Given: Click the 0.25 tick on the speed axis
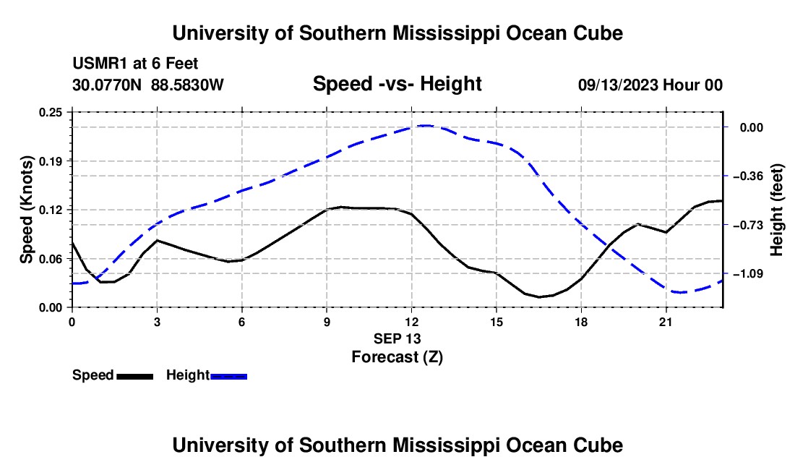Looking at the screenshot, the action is [50, 112].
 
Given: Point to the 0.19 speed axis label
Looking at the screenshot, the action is [50, 161].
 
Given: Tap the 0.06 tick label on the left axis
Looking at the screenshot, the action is [50, 259].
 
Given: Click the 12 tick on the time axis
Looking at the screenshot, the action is [412, 322].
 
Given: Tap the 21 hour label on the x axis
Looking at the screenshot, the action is [666, 322].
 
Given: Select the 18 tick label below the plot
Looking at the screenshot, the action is [581, 322].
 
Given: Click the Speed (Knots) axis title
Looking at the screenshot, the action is [26, 210].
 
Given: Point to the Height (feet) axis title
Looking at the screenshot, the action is [777, 210].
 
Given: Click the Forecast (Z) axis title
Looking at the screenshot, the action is [397, 357].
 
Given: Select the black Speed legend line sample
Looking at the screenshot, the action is [135, 376].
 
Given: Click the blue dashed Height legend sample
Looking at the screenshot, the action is [228, 376].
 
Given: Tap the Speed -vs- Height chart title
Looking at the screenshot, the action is [397, 84].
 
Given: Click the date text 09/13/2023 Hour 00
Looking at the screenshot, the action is [650, 85].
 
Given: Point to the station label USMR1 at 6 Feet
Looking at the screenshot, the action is [135, 64].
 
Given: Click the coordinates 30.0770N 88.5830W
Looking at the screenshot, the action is [147, 85].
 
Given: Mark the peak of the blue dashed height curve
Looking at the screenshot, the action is [425, 125].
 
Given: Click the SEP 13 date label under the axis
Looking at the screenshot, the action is [397, 338].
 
